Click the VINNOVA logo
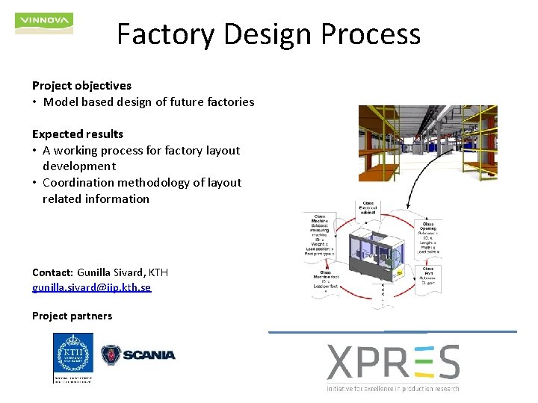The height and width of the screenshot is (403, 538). (44, 22)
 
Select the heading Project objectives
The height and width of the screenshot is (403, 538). (81, 86)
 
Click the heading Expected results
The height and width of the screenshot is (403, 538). (78, 134)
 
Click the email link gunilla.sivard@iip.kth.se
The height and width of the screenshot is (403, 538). (91, 287)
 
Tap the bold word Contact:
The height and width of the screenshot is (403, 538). (52, 272)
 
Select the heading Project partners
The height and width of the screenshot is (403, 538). (72, 316)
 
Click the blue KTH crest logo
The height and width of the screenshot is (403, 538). (73, 357)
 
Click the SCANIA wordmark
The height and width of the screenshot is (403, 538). (148, 354)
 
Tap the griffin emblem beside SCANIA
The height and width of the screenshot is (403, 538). (111, 354)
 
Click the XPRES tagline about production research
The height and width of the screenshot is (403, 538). (393, 388)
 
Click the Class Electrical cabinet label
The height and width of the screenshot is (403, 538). (368, 208)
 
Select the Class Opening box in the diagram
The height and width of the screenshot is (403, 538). (428, 236)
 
